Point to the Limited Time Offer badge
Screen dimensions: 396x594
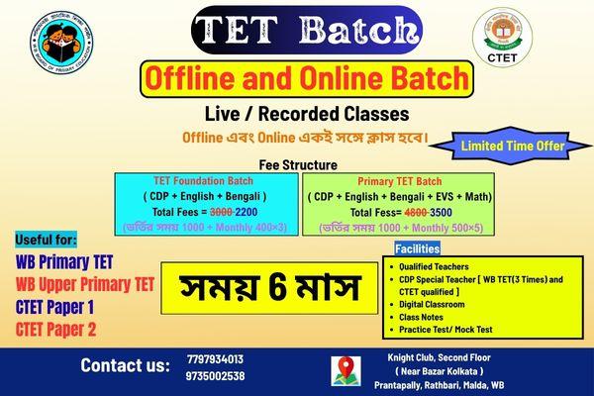tap(512, 147)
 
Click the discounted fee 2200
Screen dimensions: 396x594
tap(220, 211)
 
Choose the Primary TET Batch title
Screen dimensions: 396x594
tap(393, 181)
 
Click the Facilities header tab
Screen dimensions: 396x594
tap(417, 247)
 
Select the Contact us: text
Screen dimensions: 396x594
tap(125, 366)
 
